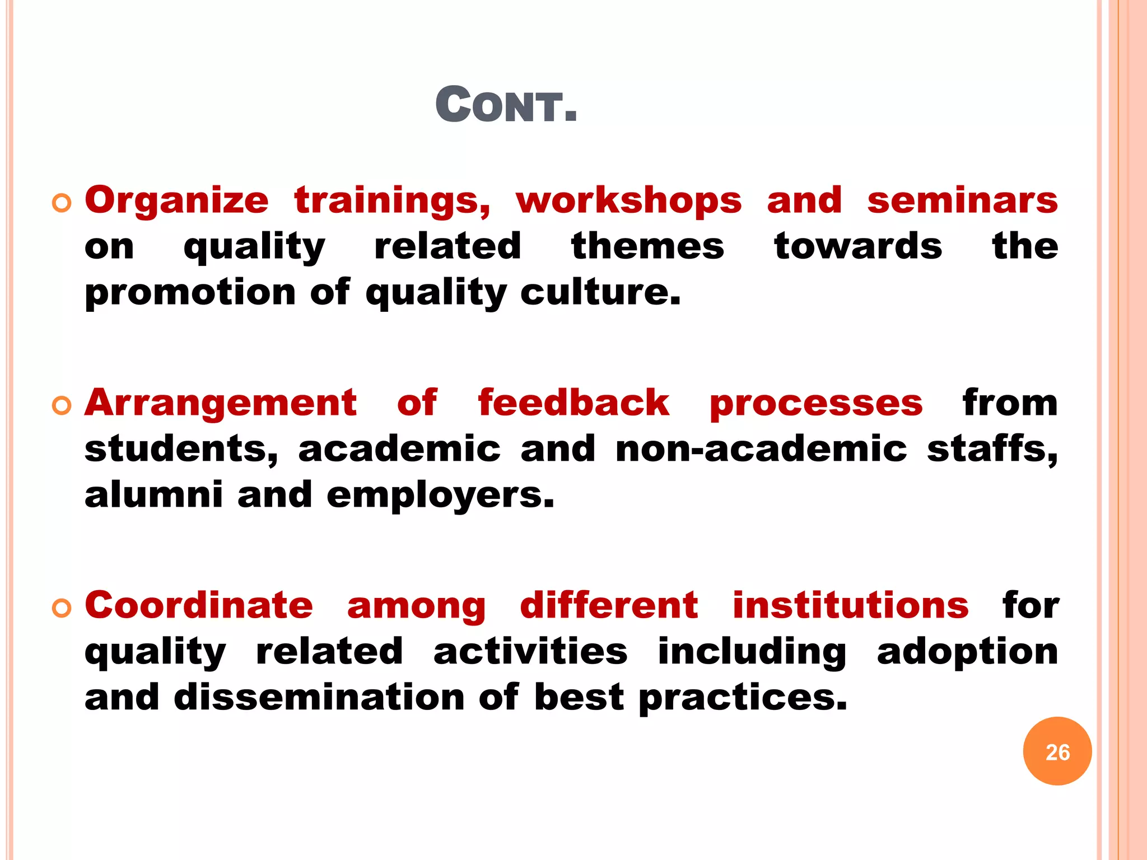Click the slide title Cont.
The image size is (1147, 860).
(506, 105)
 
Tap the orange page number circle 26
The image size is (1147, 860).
(1057, 751)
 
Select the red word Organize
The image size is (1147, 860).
(177, 202)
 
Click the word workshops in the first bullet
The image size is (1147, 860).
(628, 200)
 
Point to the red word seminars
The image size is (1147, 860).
(962, 200)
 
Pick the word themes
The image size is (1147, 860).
(647, 246)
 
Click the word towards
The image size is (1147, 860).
(858, 246)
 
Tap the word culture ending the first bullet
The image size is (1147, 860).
(600, 292)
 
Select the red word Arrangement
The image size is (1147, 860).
(221, 403)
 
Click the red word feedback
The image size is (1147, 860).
(573, 403)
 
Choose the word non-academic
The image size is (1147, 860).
(761, 449)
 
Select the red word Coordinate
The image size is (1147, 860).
(199, 606)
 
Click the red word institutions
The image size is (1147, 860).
(851, 606)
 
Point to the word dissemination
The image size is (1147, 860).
(319, 698)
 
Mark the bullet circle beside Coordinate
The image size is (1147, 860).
(62, 608)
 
